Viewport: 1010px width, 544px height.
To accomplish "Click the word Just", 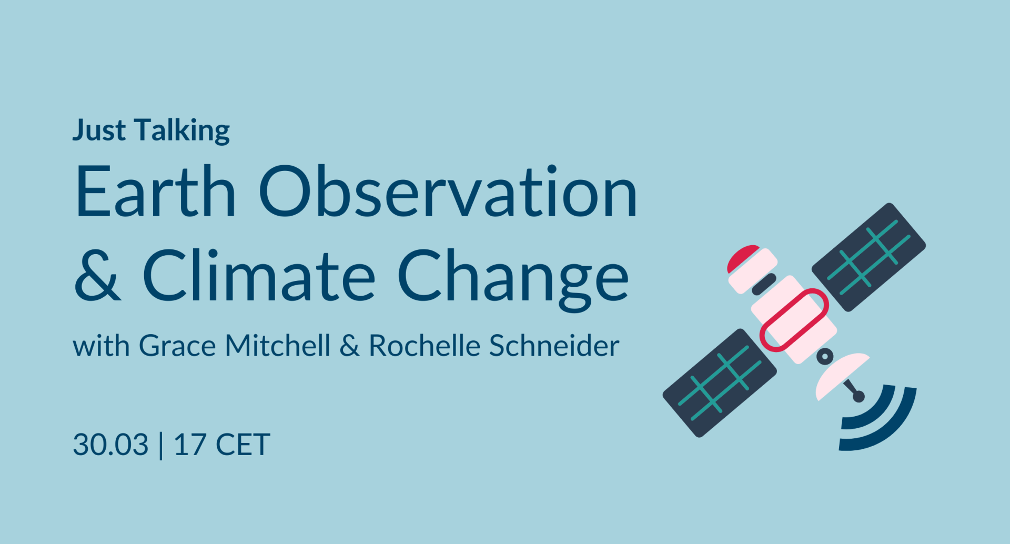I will pyautogui.click(x=99, y=130).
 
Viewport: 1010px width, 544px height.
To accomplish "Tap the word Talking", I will pyautogui.click(x=182, y=130).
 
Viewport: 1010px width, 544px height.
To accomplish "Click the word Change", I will pyautogui.click(x=513, y=277).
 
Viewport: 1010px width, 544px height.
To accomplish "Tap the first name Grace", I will pyautogui.click(x=177, y=346).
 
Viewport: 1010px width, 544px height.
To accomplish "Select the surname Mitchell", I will pyautogui.click(x=278, y=346).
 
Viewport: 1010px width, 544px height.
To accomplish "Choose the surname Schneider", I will pyautogui.click(x=554, y=346).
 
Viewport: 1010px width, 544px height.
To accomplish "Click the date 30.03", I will pyautogui.click(x=110, y=445).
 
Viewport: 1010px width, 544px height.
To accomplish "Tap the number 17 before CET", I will pyautogui.click(x=189, y=445).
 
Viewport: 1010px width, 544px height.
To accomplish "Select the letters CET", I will pyautogui.click(x=243, y=445).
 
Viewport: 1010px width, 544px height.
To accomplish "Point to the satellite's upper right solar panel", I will pyautogui.click(x=868, y=257).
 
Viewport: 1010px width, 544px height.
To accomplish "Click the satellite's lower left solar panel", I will pyautogui.click(x=719, y=382).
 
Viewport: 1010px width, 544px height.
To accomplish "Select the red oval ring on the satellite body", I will pyautogui.click(x=794, y=320).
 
